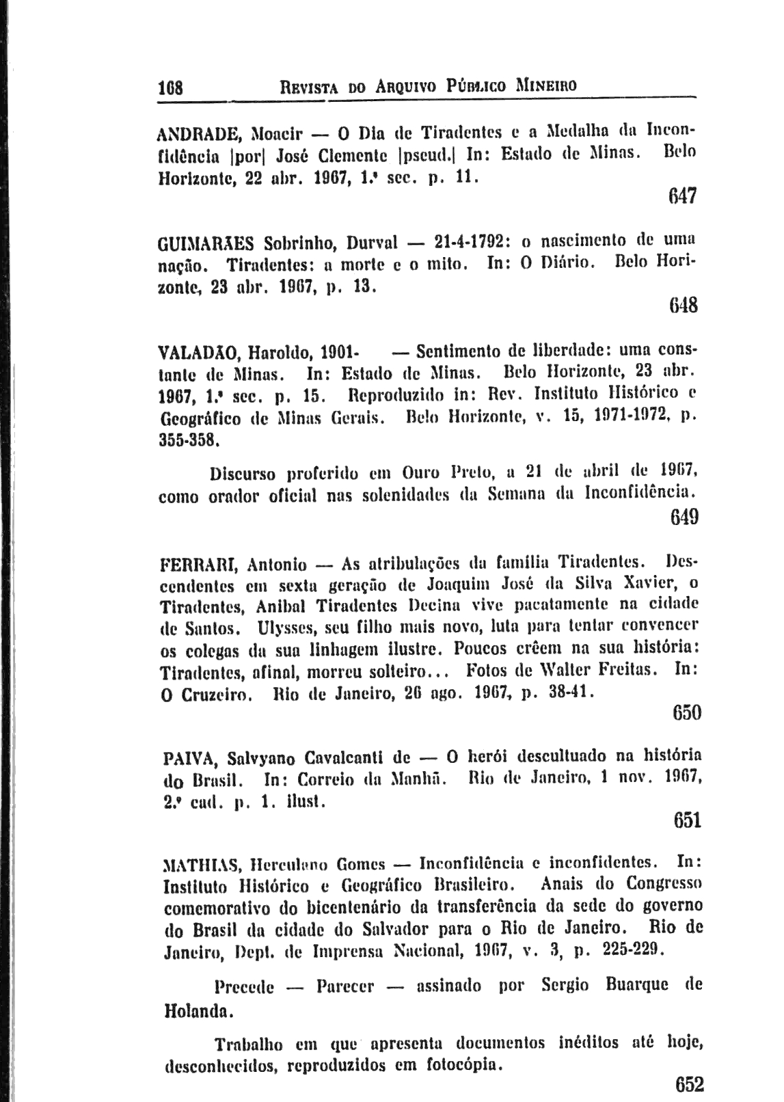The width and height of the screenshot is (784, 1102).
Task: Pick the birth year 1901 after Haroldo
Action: pyautogui.click(x=338, y=353)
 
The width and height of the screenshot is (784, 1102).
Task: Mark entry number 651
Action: pyautogui.click(x=687, y=819)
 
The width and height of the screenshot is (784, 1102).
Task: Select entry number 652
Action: pyautogui.click(x=689, y=1084)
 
